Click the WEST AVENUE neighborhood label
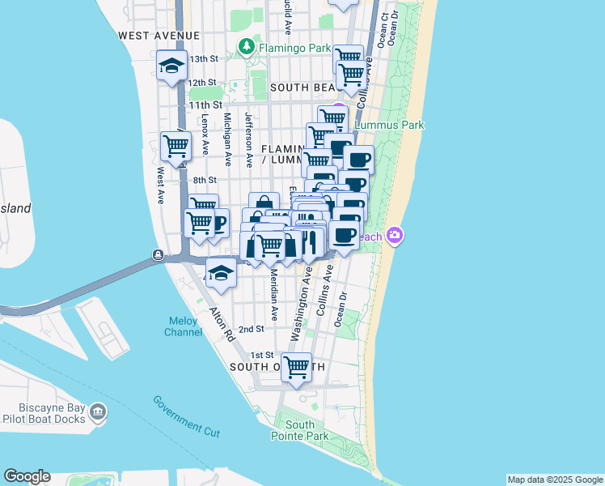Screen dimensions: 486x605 [x=159, y=36]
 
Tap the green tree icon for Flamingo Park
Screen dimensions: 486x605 [x=243, y=45]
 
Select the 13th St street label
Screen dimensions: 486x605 [x=204, y=59]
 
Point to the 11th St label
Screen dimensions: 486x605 [x=205, y=105]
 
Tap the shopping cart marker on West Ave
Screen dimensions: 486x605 [x=176, y=147]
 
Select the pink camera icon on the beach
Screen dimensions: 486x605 [x=396, y=236]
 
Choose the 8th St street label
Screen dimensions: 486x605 [x=204, y=180]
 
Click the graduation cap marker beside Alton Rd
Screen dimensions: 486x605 [x=220, y=273]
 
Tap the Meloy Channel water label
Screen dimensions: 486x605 [x=183, y=326]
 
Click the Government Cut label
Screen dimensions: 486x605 [x=186, y=416]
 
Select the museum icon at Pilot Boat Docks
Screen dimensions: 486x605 [x=98, y=412]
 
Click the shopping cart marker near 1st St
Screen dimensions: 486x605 [x=297, y=366]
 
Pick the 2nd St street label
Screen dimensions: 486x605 [x=252, y=329]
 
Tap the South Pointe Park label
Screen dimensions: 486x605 [x=299, y=430]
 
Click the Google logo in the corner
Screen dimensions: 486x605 [x=27, y=476]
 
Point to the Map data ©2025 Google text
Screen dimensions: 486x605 [x=554, y=480]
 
